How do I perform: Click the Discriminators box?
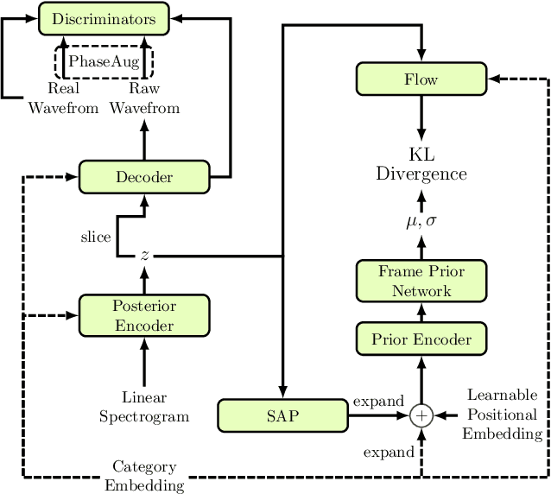(x=104, y=19)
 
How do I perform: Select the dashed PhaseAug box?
(x=104, y=61)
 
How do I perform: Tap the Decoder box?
(x=144, y=177)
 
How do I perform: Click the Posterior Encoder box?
(x=144, y=315)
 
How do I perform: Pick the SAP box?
(x=282, y=415)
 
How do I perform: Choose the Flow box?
(x=421, y=80)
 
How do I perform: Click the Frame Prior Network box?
(x=421, y=282)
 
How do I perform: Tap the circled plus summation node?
(x=421, y=416)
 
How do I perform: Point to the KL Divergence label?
(x=421, y=164)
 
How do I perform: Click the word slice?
(x=95, y=237)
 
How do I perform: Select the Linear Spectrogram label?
(x=144, y=407)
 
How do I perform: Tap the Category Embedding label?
(x=144, y=476)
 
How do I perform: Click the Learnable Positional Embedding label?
(x=502, y=413)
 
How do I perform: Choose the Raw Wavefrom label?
(x=144, y=99)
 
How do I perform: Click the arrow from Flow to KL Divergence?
(x=421, y=117)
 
